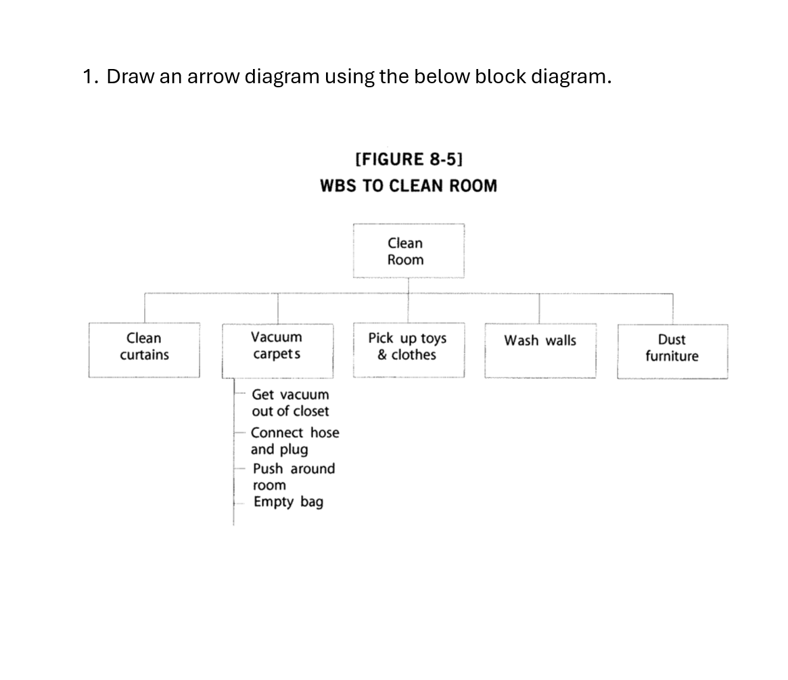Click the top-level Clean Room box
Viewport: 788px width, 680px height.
click(408, 251)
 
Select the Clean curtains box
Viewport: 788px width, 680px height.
click(144, 349)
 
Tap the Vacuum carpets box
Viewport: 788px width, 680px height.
click(277, 349)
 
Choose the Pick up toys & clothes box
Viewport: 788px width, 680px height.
click(408, 349)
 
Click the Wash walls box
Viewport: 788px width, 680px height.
click(540, 349)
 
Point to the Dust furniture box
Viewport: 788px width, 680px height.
click(672, 350)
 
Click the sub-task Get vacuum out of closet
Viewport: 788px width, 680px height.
click(290, 403)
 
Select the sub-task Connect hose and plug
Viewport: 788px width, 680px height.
click(294, 440)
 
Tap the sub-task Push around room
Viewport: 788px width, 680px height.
click(293, 476)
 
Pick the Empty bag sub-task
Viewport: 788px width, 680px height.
click(288, 502)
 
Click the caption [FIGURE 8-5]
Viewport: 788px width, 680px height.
click(409, 159)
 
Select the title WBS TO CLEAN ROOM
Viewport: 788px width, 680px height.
click(409, 186)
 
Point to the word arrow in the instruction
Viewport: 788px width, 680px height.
click(212, 76)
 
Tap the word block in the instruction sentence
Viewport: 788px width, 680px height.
click(500, 76)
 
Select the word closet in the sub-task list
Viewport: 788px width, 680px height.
click(310, 411)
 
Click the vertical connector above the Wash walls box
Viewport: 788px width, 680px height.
click(539, 309)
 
